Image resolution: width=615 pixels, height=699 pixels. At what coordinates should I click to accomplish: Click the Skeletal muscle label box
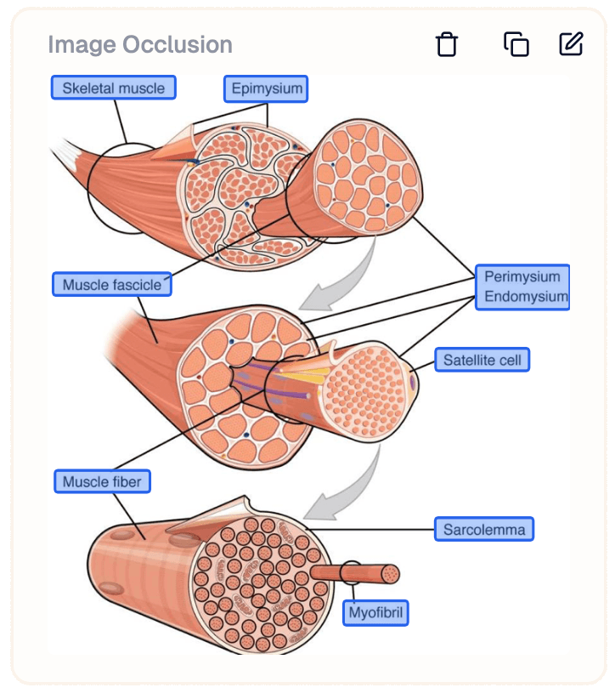coord(113,88)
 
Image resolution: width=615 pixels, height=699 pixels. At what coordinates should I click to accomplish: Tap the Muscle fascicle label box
coord(111,285)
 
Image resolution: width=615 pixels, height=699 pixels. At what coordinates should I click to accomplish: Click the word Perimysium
coord(522,276)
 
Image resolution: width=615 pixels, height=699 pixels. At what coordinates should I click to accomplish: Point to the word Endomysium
coord(525,297)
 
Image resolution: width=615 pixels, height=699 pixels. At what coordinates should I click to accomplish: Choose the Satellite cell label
coord(482,361)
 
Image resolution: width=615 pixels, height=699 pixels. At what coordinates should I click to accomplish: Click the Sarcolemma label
coord(484,530)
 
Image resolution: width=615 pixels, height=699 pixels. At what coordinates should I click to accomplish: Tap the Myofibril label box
coord(375,612)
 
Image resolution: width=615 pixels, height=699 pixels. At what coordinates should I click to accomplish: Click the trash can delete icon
coord(447,44)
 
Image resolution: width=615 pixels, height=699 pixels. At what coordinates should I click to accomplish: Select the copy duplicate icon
coord(516,44)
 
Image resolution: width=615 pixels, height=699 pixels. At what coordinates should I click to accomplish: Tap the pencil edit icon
coord(571,43)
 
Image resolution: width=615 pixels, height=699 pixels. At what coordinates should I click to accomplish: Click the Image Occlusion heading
coord(139,44)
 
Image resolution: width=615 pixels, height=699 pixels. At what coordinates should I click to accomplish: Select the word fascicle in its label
coord(137,285)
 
